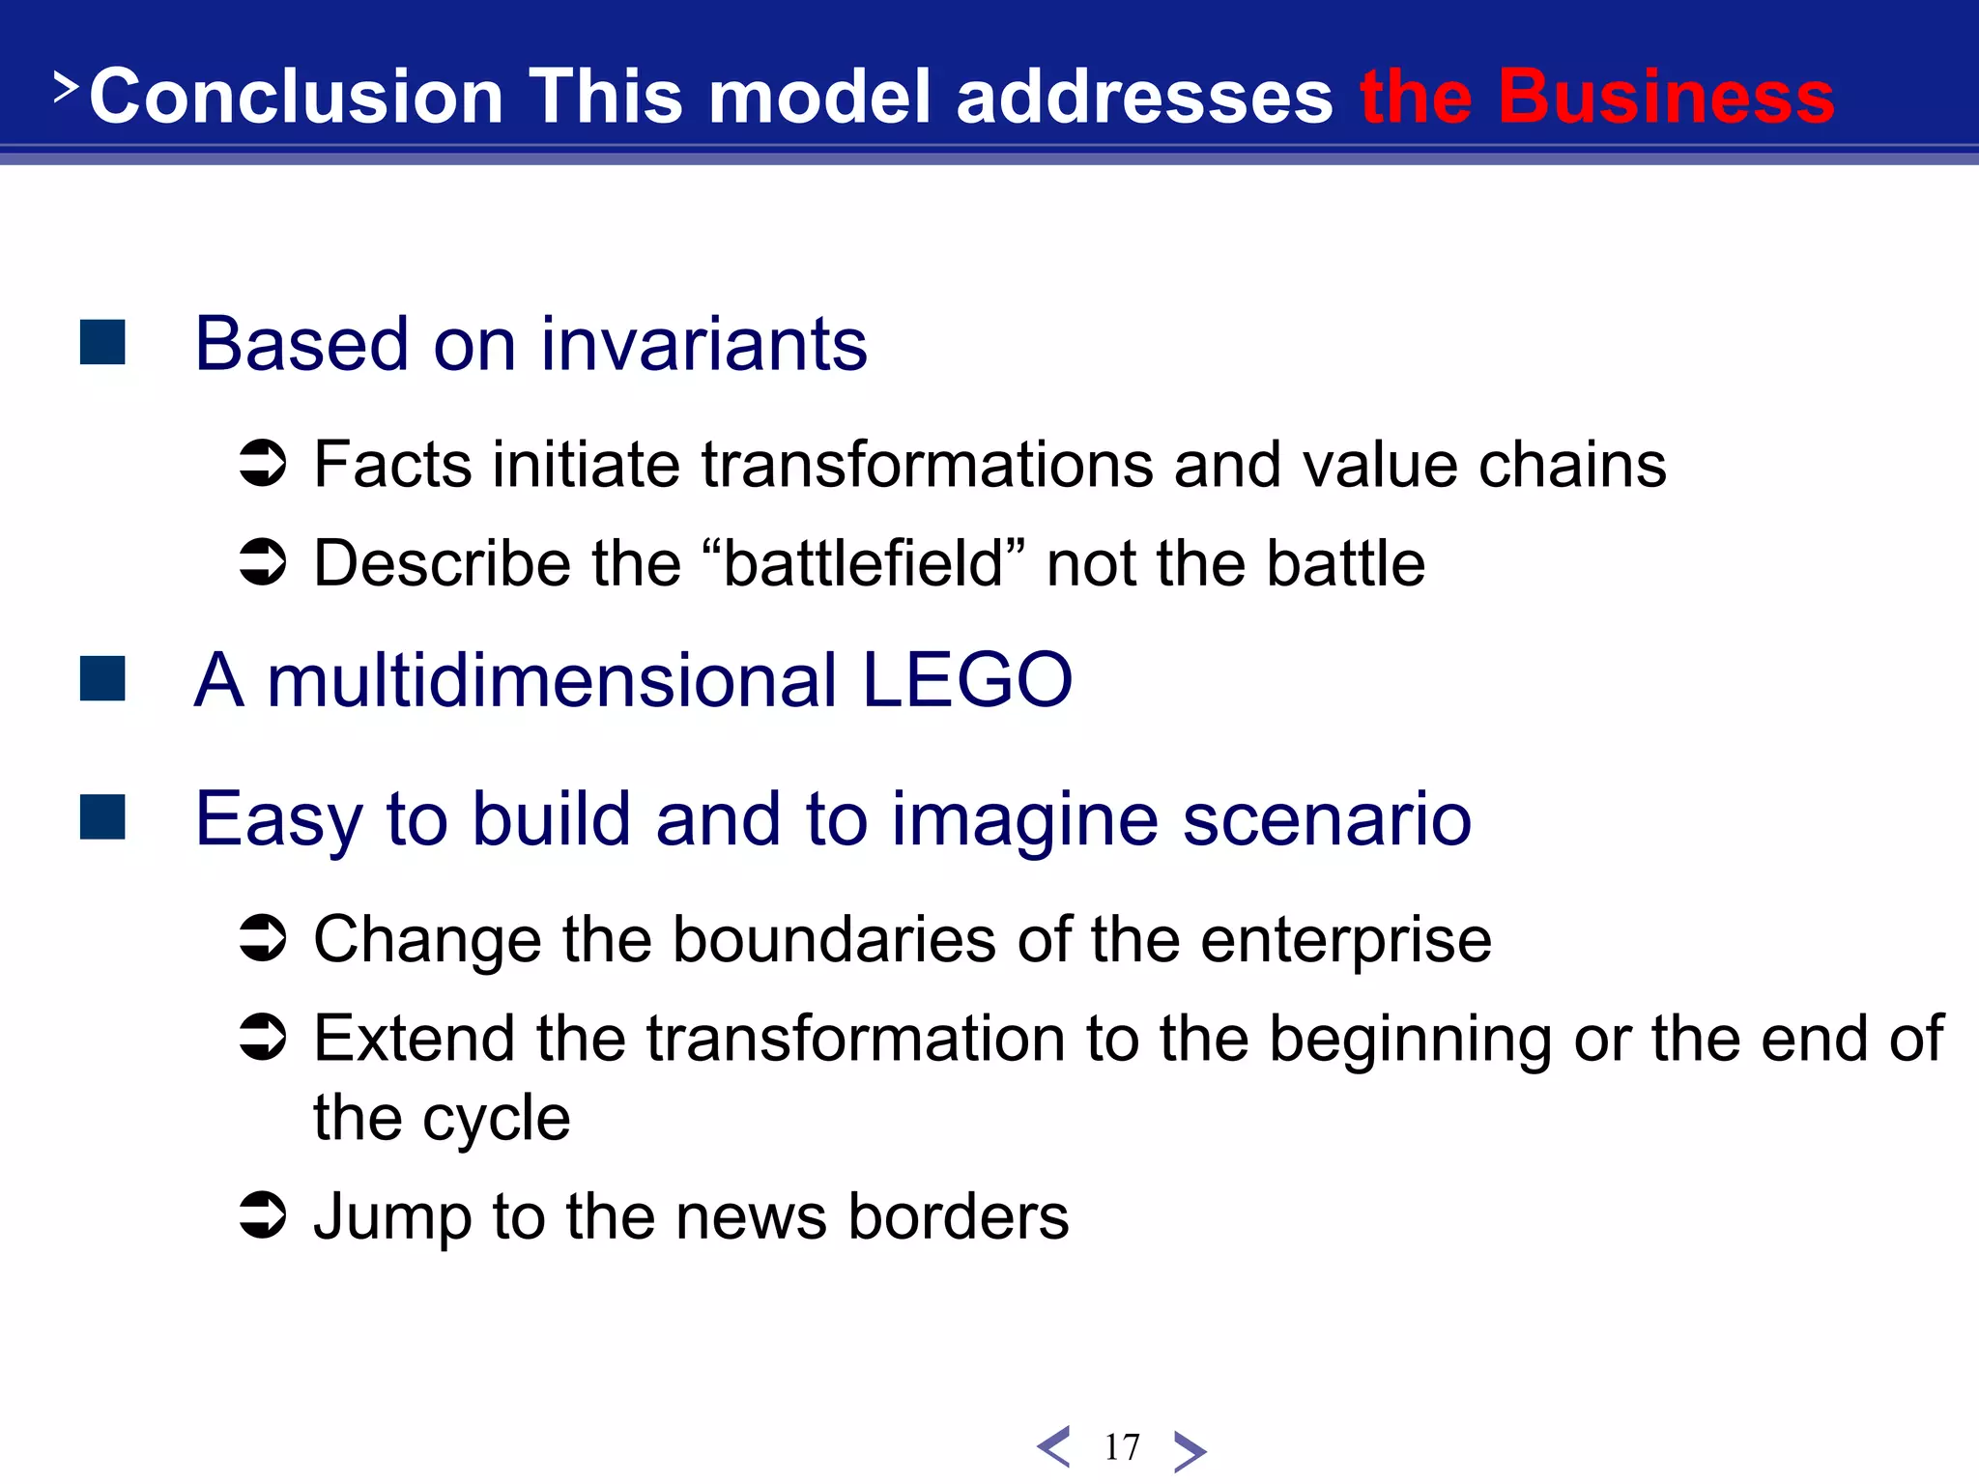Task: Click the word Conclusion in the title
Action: coord(296,97)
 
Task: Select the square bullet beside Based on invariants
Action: coord(102,343)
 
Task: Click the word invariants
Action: coord(703,345)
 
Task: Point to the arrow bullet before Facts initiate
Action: coord(263,464)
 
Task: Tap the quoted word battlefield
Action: coord(863,563)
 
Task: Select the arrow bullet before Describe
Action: coord(263,562)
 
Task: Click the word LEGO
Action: coord(966,680)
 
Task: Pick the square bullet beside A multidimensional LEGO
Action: coord(102,678)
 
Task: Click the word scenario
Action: coord(1326,820)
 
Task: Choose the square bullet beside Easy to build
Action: coord(102,817)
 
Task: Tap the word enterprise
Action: coord(1345,941)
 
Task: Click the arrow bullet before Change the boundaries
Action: coord(263,938)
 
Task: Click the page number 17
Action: coord(1122,1447)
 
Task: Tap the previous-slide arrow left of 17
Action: coord(1053,1447)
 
